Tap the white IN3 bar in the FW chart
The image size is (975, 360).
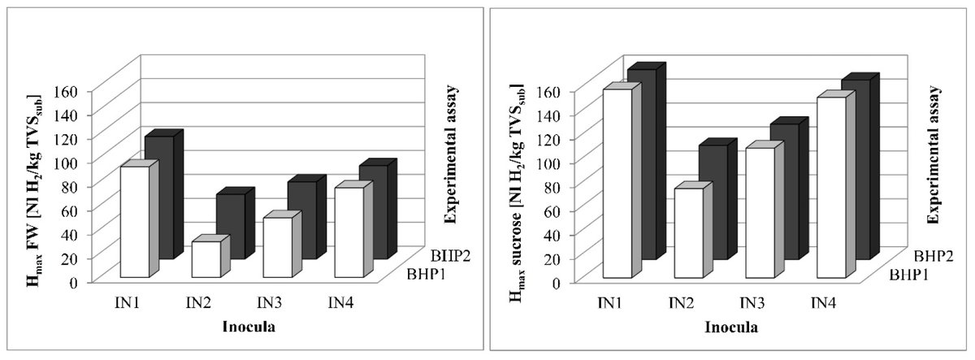click(x=277, y=247)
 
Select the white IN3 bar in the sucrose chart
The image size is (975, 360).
click(x=760, y=213)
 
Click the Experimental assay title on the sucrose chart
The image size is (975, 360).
click(x=938, y=154)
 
